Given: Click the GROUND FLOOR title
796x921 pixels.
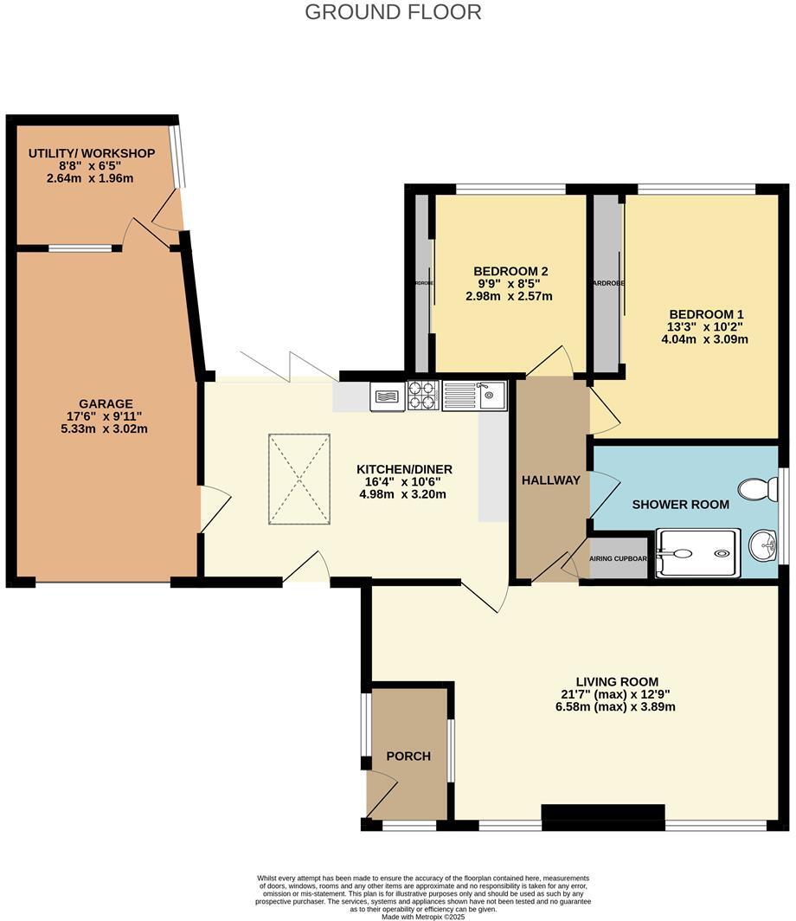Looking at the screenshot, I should click(x=393, y=12).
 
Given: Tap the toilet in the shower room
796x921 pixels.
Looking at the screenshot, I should click(x=759, y=491).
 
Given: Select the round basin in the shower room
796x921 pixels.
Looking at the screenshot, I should click(x=762, y=545).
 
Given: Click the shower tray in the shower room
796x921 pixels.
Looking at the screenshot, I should click(x=696, y=553).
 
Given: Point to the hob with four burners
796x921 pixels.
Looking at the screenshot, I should click(x=423, y=395).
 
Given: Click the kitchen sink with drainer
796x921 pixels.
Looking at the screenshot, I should click(x=475, y=396).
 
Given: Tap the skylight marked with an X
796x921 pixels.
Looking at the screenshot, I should click(x=298, y=479).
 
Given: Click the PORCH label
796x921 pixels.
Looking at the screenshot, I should click(x=408, y=756).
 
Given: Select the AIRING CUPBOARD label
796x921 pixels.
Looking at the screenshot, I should click(x=618, y=558).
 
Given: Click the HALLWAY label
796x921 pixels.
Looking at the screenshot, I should click(x=550, y=480).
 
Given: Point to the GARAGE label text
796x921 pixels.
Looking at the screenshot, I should click(x=106, y=403).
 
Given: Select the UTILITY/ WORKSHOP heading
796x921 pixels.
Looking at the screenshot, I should click(x=92, y=153).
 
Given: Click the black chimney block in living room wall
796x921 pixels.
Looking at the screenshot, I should click(x=603, y=813).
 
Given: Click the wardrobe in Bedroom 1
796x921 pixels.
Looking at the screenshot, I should click(x=607, y=283).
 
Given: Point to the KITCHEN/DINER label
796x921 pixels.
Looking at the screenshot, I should click(x=404, y=469).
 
